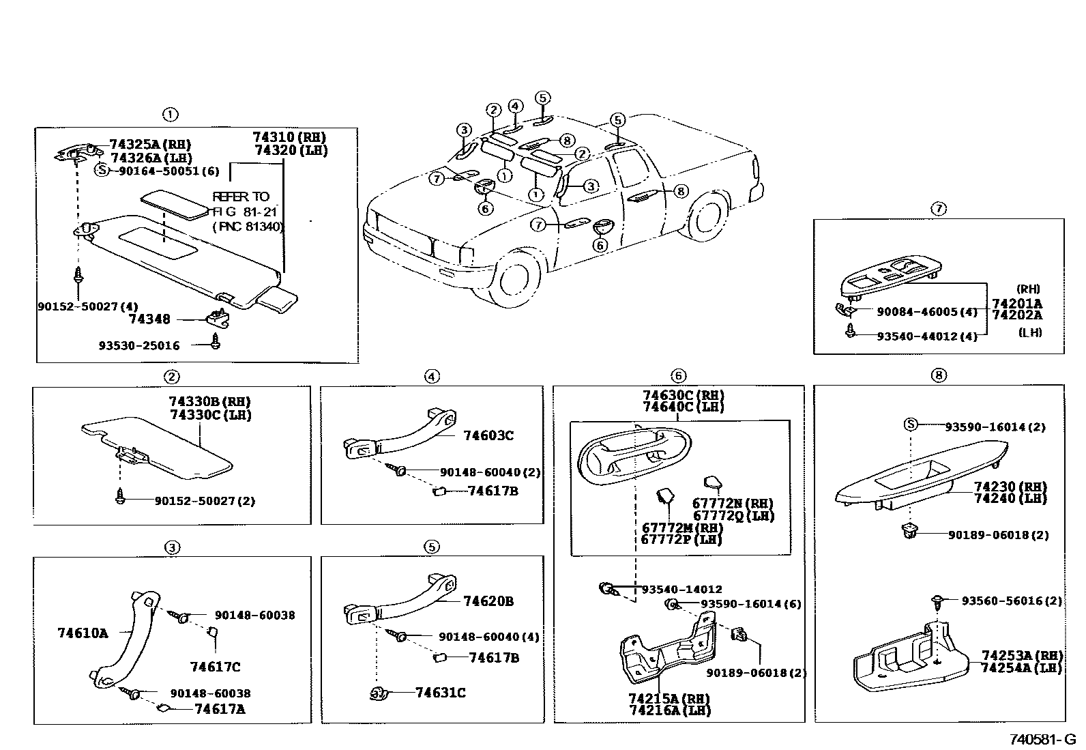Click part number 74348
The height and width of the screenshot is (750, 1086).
[149, 319]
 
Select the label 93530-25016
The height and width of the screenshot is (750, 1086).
[138, 345]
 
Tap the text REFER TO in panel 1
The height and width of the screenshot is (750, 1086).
[241, 197]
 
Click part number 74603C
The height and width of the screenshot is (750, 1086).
[488, 435]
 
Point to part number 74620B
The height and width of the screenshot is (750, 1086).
[488, 601]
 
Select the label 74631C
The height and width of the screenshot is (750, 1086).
[440, 693]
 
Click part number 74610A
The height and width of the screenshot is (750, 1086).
[83, 633]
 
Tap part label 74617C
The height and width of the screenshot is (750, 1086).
[215, 667]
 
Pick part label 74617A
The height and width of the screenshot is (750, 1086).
[219, 709]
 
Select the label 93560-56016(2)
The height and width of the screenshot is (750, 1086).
[1012, 601]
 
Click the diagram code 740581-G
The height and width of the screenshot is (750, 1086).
[1042, 739]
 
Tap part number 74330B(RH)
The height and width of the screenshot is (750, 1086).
[209, 401]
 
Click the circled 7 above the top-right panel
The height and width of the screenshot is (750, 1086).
[939, 208]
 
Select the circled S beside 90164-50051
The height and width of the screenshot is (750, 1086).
[102, 171]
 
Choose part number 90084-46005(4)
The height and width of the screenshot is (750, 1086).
[926, 312]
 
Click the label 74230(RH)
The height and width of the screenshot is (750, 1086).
[1010, 487]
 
